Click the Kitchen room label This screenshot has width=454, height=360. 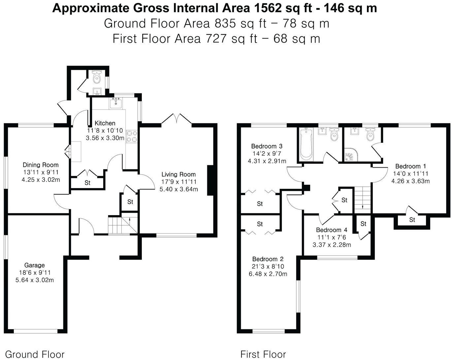coord(105,123)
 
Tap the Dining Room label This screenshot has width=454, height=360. coord(41,165)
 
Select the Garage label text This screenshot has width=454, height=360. coord(34,265)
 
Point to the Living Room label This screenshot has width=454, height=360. coord(178,174)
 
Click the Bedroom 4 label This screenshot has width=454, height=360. coord(332,230)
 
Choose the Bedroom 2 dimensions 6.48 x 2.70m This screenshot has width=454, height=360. coord(268,274)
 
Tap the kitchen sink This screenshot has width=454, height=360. coord(115,103)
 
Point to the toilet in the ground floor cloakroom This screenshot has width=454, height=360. coord(97,77)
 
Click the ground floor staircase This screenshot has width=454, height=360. coord(123,224)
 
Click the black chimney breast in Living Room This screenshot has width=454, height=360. coord(211,180)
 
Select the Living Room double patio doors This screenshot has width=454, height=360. coord(177,119)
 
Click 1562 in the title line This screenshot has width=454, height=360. coord(268,9)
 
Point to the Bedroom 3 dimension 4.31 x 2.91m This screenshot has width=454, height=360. coord(267,161)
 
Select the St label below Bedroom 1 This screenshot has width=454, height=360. coord(412,220)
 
